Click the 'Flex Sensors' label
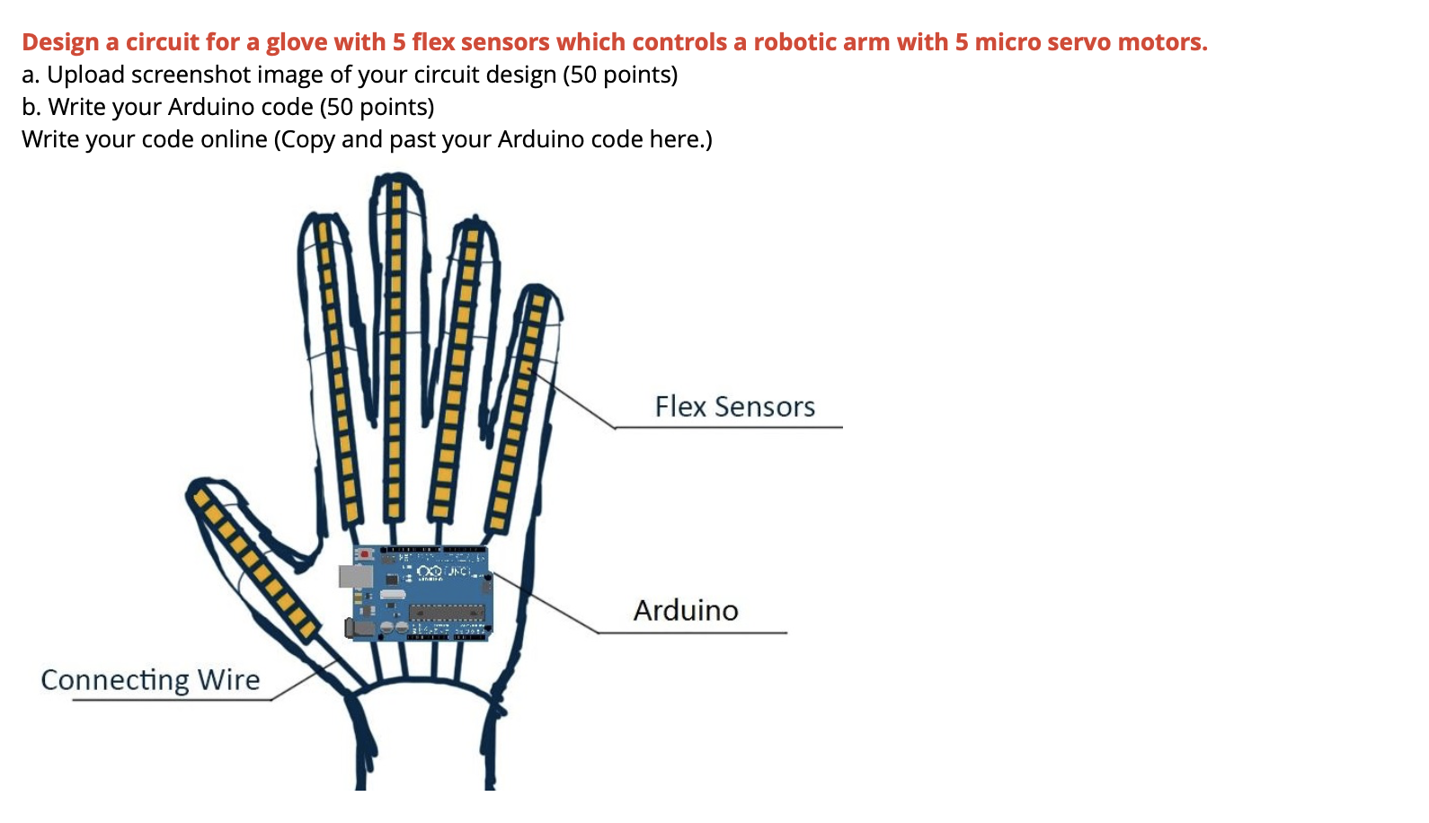pyautogui.click(x=734, y=407)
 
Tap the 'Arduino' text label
pyautogui.click(x=686, y=611)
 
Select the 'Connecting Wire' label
pyautogui.click(x=150, y=680)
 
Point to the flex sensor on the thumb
pyautogui.click(x=253, y=561)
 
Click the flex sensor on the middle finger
pyautogui.click(x=394, y=350)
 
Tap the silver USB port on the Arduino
pyautogui.click(x=355, y=576)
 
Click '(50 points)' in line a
pyautogui.click(x=620, y=75)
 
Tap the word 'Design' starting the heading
pyautogui.click(x=60, y=42)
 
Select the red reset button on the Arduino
pyautogui.click(x=366, y=554)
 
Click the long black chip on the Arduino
pyautogui.click(x=447, y=613)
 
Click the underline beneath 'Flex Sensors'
pyautogui.click(x=728, y=428)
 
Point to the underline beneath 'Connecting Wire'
pyautogui.click(x=171, y=700)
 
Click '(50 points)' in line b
pyautogui.click(x=377, y=107)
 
